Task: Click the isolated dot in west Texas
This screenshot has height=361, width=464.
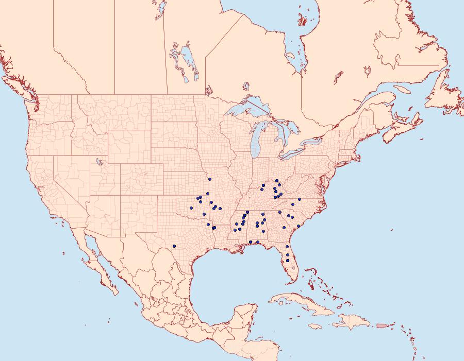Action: click(175, 246)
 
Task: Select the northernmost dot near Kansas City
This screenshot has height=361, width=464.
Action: click(210, 179)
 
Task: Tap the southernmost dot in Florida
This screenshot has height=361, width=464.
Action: click(288, 261)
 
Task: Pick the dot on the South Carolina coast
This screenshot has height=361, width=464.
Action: click(299, 226)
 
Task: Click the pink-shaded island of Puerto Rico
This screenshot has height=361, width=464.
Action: click(382, 325)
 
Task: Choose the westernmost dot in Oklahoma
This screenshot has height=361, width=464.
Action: click(191, 208)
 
